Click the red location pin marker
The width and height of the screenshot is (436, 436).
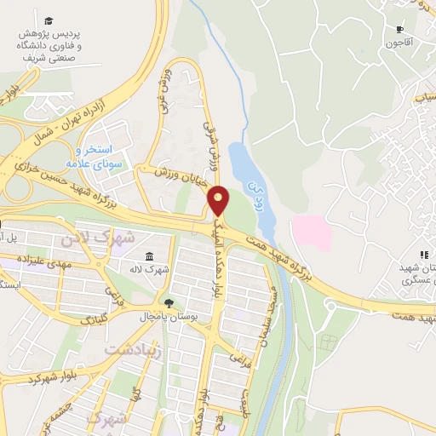click(x=219, y=200)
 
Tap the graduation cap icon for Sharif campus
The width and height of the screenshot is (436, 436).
click(x=49, y=20)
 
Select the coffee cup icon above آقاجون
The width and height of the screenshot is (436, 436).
click(x=399, y=28)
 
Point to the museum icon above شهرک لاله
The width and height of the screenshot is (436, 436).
click(x=149, y=257)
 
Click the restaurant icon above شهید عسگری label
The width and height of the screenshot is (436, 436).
click(x=423, y=255)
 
